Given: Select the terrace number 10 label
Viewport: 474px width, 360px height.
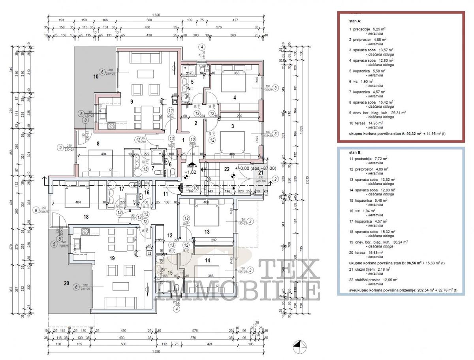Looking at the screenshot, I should [x=96, y=77].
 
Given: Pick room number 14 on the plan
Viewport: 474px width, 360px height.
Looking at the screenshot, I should [x=208, y=261].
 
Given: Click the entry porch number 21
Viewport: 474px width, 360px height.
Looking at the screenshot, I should [x=261, y=172].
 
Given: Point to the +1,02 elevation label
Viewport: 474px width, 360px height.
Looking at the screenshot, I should [x=191, y=172].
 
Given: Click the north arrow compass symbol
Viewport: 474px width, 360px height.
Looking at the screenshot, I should [x=300, y=347].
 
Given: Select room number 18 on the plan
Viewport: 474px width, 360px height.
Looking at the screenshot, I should [x=86, y=216].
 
